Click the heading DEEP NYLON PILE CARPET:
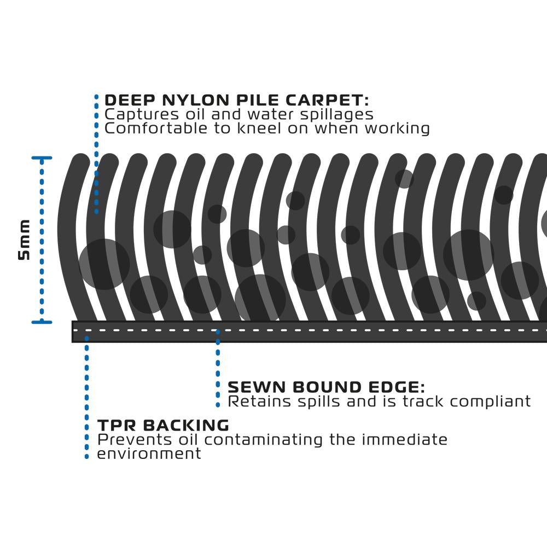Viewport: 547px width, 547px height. (x=236, y=101)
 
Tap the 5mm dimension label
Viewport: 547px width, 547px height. (x=25, y=240)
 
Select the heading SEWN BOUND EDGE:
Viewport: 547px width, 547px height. (x=326, y=387)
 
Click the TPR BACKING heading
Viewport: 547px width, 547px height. (x=163, y=426)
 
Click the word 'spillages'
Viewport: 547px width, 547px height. (x=338, y=114)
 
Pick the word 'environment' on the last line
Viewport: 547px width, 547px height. (x=149, y=453)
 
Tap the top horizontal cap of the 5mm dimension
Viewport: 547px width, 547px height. (x=42, y=158)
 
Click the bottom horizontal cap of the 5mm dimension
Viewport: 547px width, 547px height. (x=42, y=322)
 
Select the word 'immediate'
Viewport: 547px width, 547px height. (x=406, y=440)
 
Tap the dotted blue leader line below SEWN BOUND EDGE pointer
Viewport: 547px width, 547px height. (x=218, y=372)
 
